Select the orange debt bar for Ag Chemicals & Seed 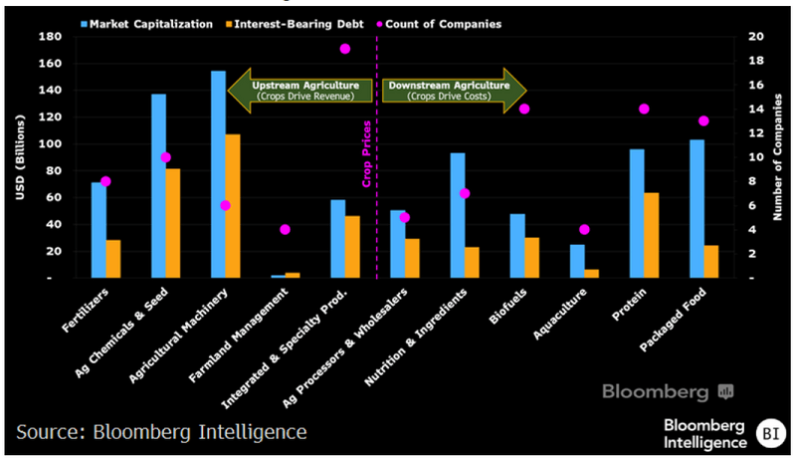(173, 223)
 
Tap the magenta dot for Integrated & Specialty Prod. (344, 49)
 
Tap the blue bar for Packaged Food (696, 208)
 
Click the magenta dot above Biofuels (524, 109)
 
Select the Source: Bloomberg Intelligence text (161, 431)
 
